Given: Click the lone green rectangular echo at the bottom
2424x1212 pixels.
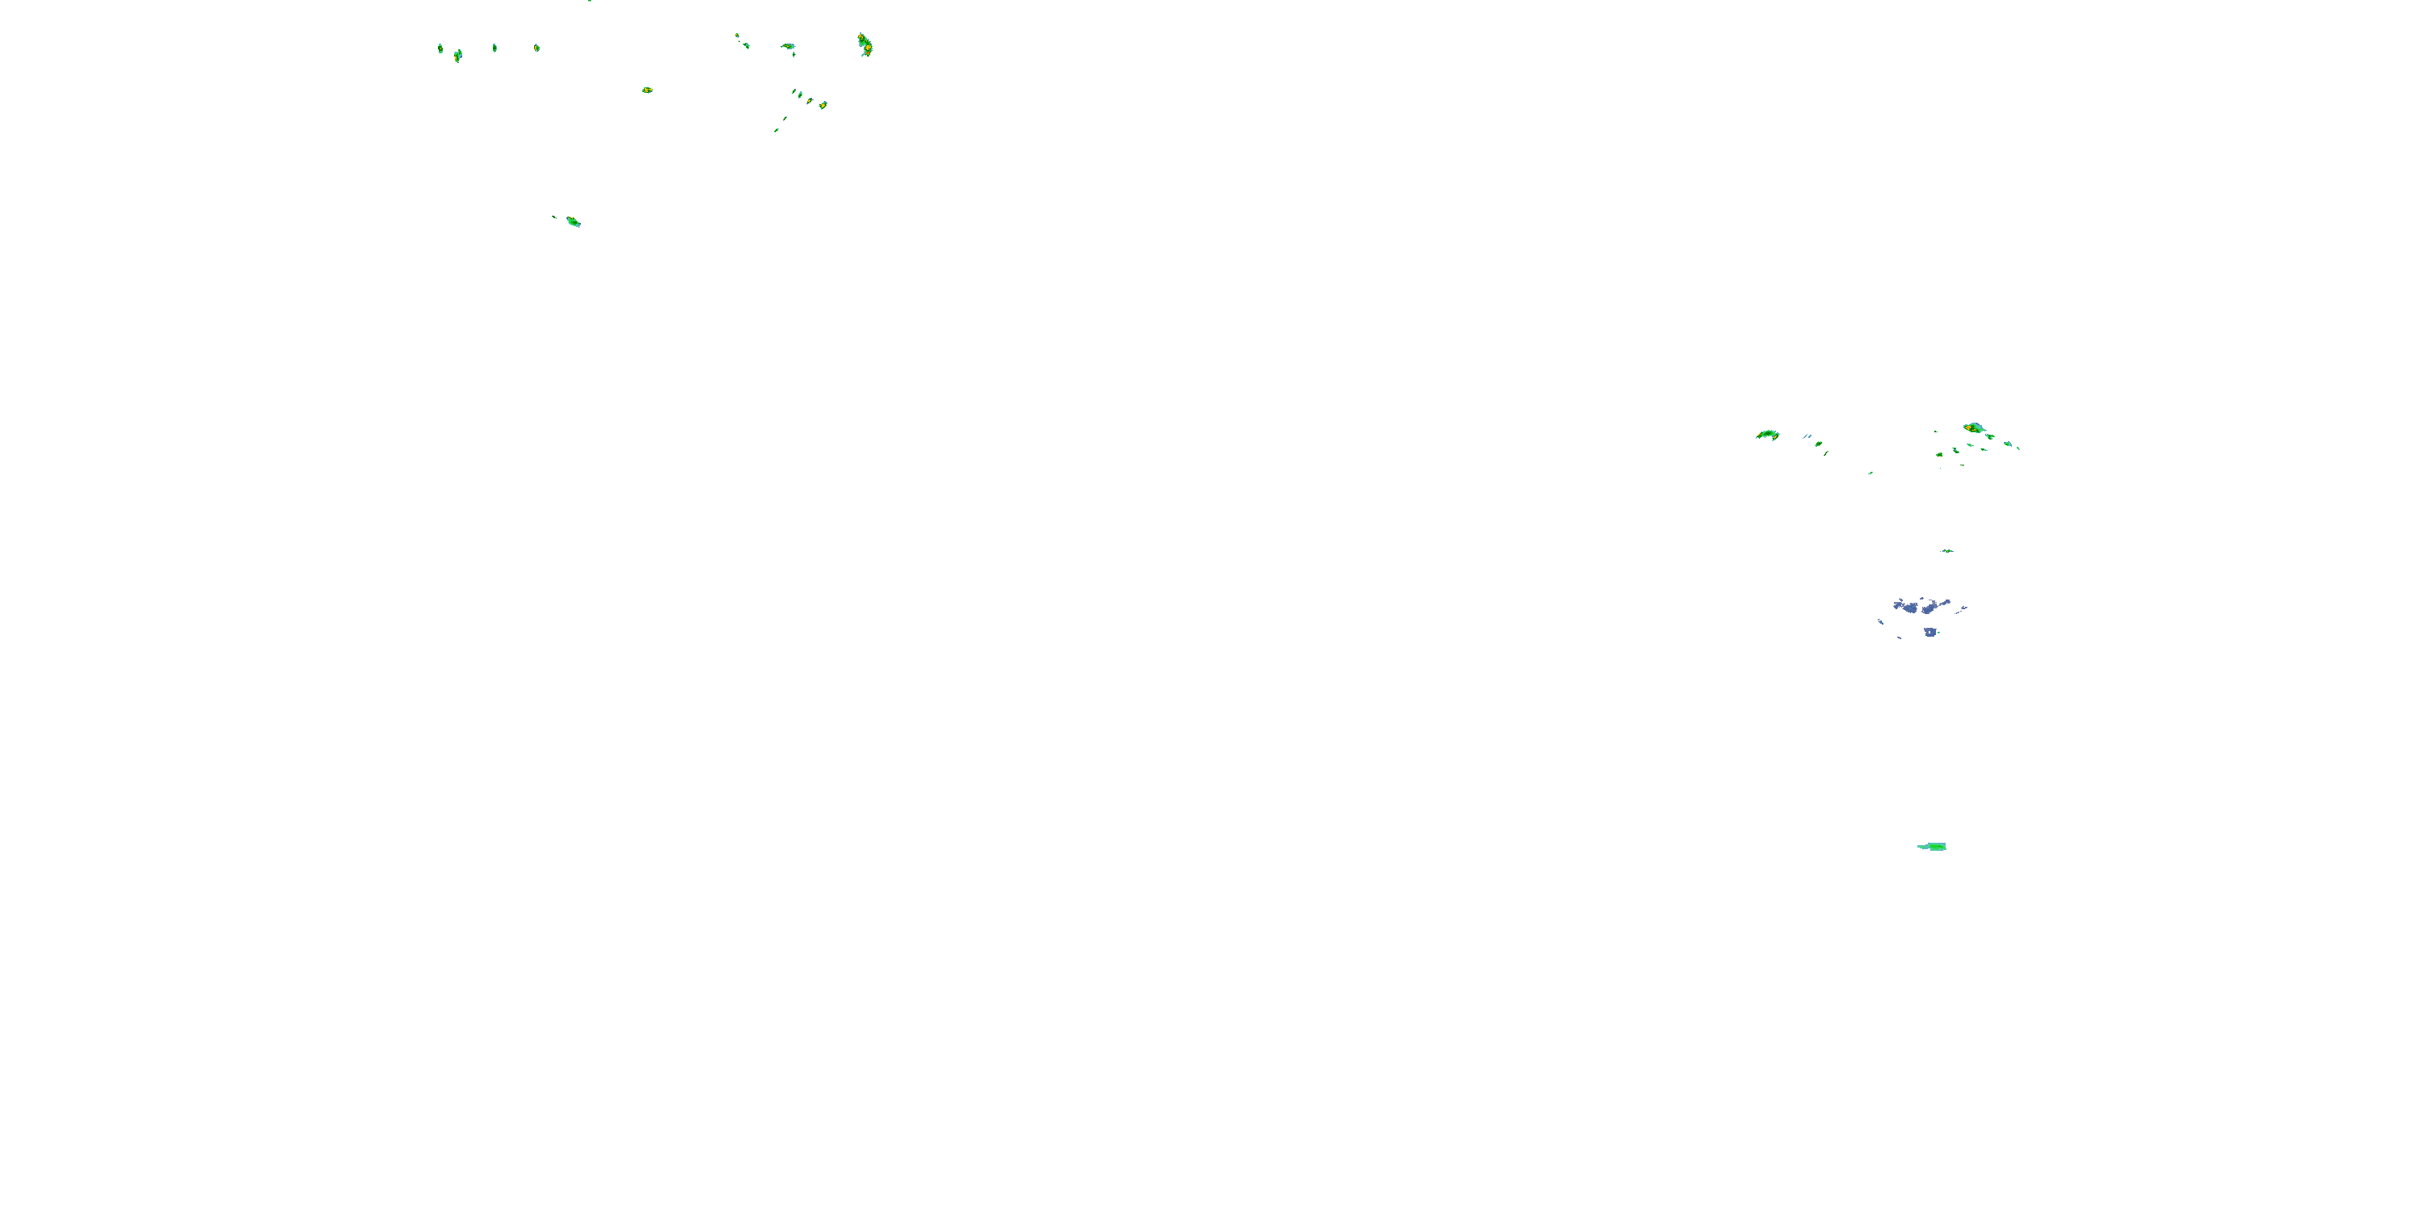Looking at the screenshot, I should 1933,847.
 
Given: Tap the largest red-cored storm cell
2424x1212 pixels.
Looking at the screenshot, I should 864,44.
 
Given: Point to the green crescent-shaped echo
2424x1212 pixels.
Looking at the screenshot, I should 1767,435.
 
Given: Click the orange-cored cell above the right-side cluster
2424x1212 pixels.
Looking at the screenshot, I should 1973,428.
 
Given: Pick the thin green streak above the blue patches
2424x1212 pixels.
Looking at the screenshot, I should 1947,551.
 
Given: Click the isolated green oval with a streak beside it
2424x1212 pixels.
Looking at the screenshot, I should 572,222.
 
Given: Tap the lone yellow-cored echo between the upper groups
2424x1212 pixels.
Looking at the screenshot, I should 647,90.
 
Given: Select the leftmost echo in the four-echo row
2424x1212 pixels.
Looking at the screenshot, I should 440,48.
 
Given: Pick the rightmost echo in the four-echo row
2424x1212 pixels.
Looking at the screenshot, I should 537,48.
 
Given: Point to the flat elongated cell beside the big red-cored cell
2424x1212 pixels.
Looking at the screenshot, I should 788,46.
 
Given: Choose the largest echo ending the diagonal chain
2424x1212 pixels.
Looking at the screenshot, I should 823,105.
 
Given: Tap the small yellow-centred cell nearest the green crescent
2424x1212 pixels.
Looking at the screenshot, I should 1818,444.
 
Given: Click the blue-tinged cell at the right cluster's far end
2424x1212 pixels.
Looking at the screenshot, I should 2007,444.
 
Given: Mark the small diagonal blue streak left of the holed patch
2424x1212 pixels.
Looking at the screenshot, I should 1880,622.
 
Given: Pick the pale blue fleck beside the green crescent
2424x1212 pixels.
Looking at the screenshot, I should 1807,436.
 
